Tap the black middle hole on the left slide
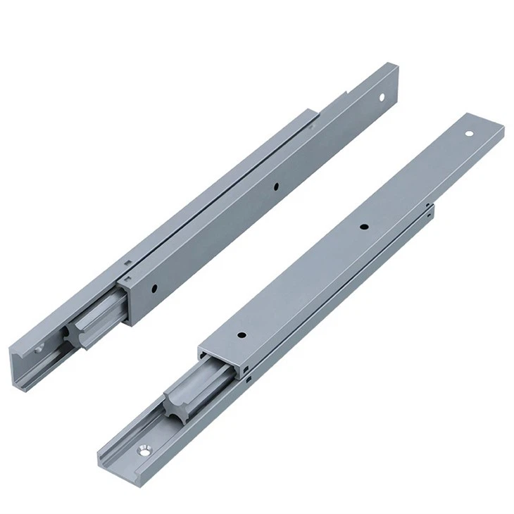point(276,187)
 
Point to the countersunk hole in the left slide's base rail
point(39,346)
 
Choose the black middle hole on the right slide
point(364,227)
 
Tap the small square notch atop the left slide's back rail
point(127,262)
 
